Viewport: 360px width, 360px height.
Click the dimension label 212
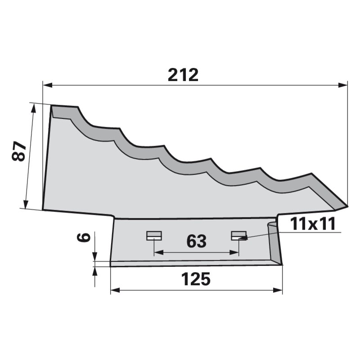pyautogui.click(x=183, y=75)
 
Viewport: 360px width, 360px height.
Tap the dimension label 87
pyautogui.click(x=18, y=151)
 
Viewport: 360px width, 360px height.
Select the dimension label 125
pyautogui.click(x=196, y=279)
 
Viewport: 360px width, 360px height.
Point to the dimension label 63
pyautogui.click(x=197, y=241)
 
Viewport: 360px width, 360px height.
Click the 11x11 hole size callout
pyautogui.click(x=313, y=224)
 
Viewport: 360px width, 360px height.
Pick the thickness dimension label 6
pyautogui.click(x=83, y=237)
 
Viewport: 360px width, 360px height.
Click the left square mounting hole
pyautogui.click(x=154, y=235)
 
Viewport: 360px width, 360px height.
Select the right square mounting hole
pyautogui.click(x=239, y=235)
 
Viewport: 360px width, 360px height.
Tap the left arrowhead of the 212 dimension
pyautogui.click(x=48, y=85)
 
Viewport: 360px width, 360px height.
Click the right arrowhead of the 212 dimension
pyautogui.click(x=343, y=85)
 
